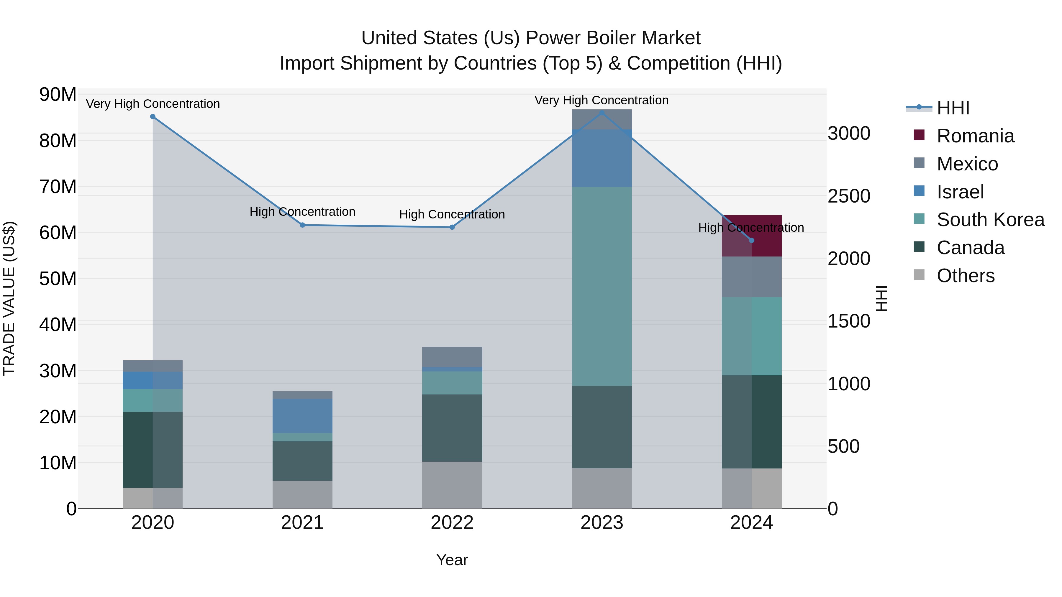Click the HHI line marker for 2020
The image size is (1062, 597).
[x=153, y=116]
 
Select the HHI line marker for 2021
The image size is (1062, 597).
[x=302, y=225]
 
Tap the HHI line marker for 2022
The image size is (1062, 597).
[x=452, y=227]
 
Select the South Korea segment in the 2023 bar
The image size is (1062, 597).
[x=602, y=286]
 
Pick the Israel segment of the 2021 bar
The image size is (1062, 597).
[x=302, y=415]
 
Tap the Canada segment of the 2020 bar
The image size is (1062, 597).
[x=153, y=450]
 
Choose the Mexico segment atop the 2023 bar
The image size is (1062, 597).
[x=602, y=119]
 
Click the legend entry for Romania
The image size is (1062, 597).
[x=975, y=136]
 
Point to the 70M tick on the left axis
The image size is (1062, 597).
[x=58, y=187]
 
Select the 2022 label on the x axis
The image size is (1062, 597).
[x=452, y=523]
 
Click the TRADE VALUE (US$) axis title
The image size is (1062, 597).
[x=9, y=298]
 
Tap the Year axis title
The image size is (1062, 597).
[x=452, y=560]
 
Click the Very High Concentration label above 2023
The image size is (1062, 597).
[x=601, y=100]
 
